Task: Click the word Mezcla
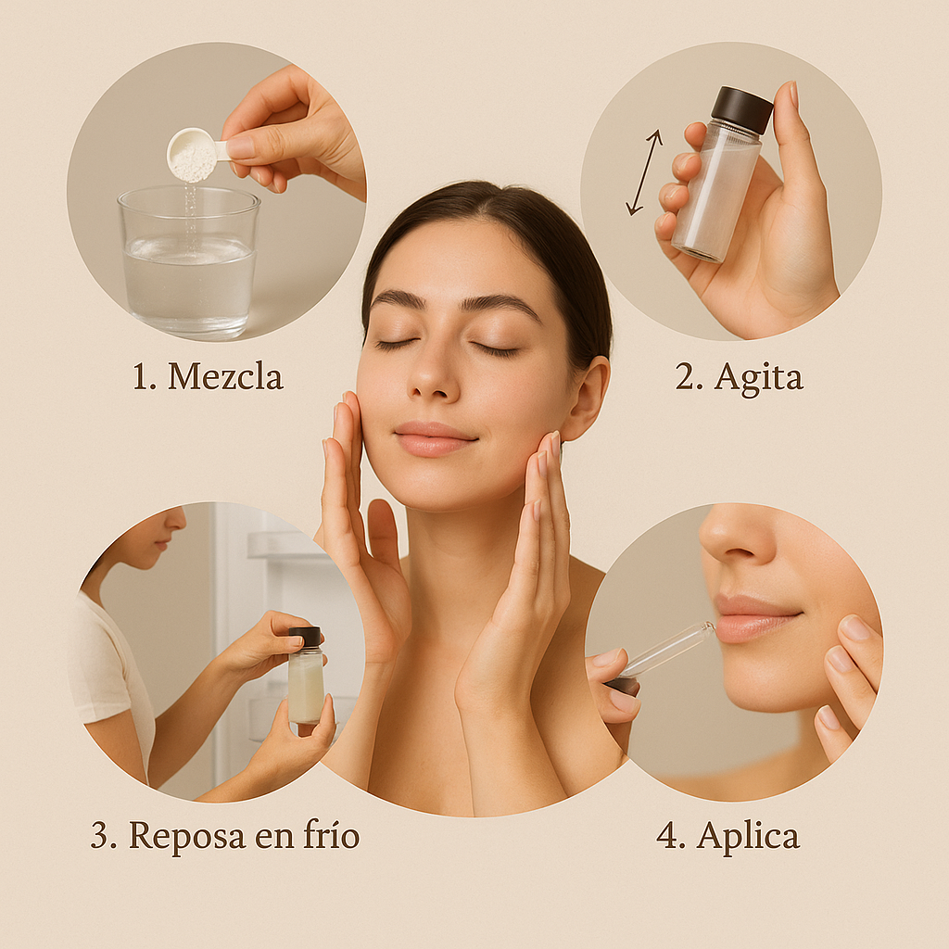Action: click(225, 376)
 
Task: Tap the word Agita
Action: click(758, 378)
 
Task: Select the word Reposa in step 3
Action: click(187, 837)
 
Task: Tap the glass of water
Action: click(189, 261)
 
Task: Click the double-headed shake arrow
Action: click(644, 171)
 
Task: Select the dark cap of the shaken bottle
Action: click(742, 109)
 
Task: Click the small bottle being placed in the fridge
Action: click(305, 675)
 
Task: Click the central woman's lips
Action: click(435, 438)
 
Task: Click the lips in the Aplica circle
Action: click(756, 616)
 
